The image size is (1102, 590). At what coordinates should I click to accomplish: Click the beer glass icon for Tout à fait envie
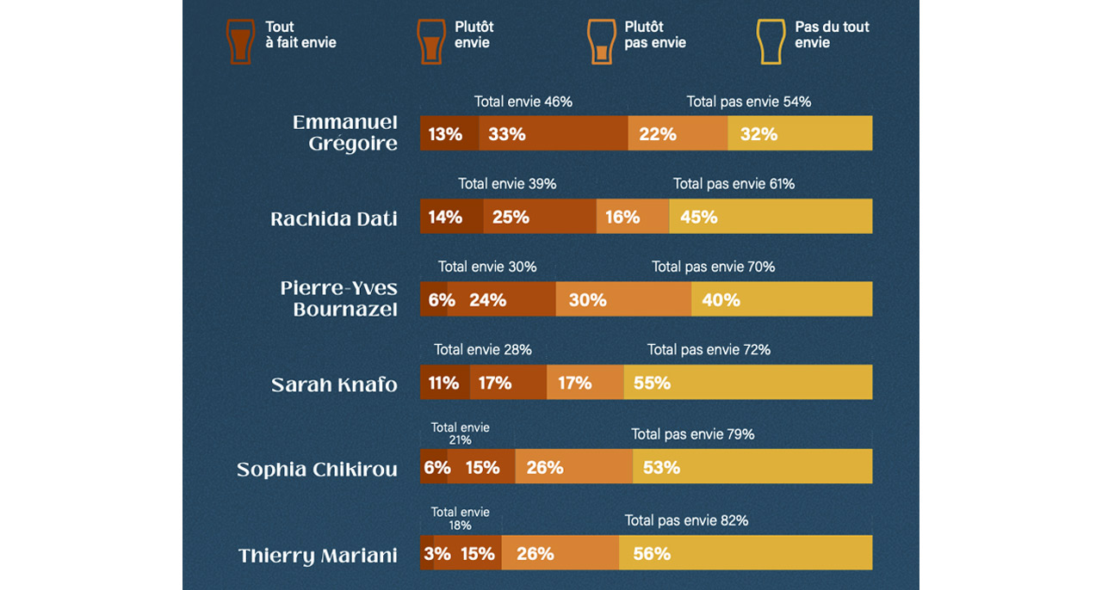click(x=240, y=40)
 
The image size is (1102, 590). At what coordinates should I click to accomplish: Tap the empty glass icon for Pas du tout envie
click(x=770, y=40)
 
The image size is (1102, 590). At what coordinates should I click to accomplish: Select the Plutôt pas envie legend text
click(x=654, y=34)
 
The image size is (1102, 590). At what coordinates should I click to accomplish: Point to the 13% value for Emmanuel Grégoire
click(x=446, y=133)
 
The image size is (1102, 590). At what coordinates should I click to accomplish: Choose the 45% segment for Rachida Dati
click(x=770, y=217)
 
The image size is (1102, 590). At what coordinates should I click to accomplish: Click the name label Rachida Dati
click(x=334, y=218)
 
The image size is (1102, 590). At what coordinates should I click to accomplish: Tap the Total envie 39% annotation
click(x=507, y=184)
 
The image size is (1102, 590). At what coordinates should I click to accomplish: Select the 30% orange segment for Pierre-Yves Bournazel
click(x=623, y=299)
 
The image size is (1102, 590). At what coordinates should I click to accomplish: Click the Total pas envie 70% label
click(x=713, y=267)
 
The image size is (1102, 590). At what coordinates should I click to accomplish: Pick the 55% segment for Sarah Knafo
click(x=747, y=383)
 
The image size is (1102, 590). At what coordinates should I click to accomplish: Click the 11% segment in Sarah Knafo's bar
click(x=444, y=383)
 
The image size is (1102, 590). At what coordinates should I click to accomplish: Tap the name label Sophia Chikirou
click(x=317, y=470)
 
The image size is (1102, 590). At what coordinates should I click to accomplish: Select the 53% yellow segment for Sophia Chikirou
click(x=752, y=467)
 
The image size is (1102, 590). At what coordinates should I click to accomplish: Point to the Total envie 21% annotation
click(x=460, y=433)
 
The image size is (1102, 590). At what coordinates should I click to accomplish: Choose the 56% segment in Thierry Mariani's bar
click(x=745, y=553)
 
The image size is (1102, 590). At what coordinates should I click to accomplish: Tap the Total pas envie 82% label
click(x=686, y=520)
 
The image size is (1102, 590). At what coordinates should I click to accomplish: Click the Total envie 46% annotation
click(x=523, y=101)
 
